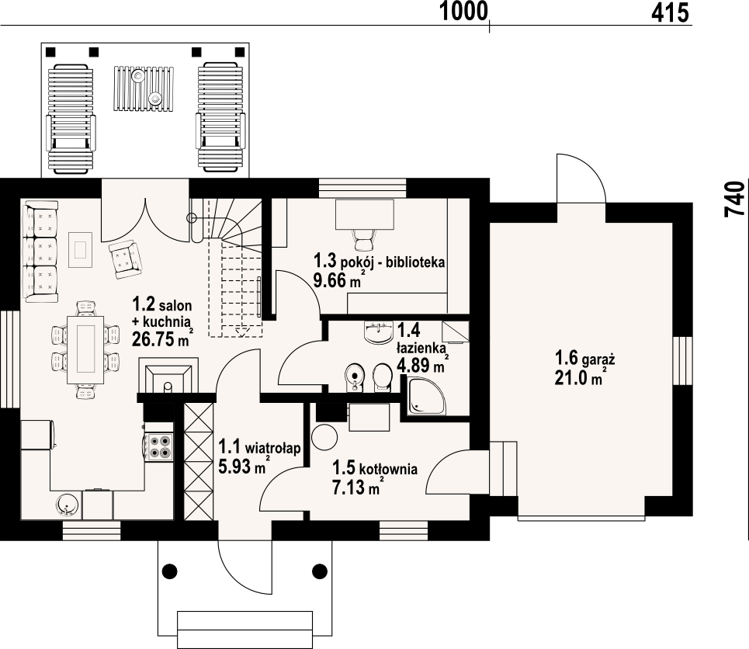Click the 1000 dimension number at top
click(x=463, y=12)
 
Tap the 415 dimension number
click(x=670, y=12)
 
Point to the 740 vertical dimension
click(x=735, y=200)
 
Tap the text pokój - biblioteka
click(x=393, y=262)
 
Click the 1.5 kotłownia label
click(x=375, y=468)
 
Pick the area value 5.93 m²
click(x=244, y=466)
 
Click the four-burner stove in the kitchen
click(x=160, y=446)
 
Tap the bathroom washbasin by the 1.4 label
click(x=378, y=332)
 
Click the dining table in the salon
click(x=85, y=349)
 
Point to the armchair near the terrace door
click(x=125, y=260)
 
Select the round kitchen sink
click(x=67, y=505)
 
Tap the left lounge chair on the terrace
click(x=70, y=119)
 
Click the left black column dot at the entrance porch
click(x=169, y=570)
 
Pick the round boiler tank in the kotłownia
click(x=324, y=437)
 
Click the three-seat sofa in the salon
click(x=41, y=252)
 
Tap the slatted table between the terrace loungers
click(x=144, y=88)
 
